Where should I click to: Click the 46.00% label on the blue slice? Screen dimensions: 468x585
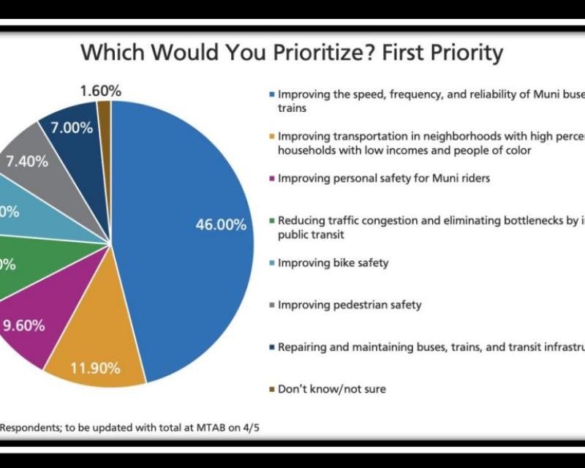pos(220,225)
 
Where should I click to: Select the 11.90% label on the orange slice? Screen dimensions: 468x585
pos(95,368)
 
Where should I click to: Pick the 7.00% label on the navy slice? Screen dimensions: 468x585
pos(71,128)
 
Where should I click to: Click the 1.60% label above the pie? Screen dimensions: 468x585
pos(99,91)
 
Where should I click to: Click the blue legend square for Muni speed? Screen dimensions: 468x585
pos(272,94)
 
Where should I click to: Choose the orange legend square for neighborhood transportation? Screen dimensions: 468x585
pos(272,136)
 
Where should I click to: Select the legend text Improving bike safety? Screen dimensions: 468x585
pos(333,263)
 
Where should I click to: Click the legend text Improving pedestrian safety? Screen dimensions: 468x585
pos(350,304)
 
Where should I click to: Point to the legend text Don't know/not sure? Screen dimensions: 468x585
pos(331,388)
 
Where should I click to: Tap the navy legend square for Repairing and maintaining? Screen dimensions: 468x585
pos(272,347)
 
